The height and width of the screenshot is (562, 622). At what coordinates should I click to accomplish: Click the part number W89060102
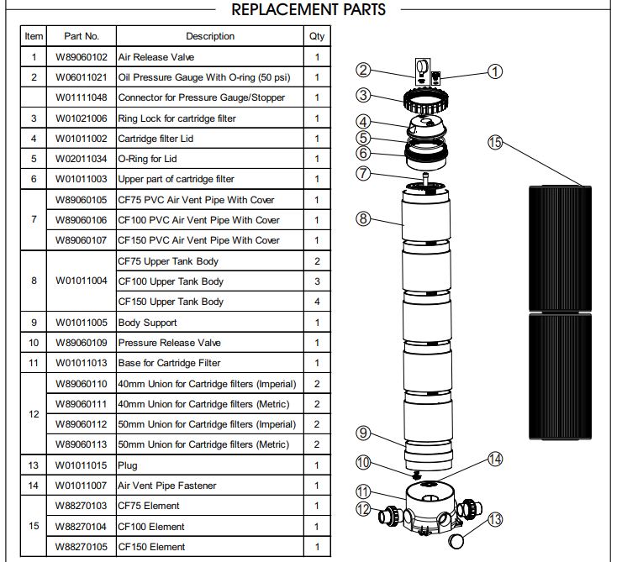pos(82,57)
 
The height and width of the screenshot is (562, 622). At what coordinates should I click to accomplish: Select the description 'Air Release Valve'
pos(155,57)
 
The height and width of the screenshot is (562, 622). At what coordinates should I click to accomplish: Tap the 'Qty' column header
pos(317,36)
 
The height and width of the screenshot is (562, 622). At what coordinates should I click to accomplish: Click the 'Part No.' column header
pos(82,36)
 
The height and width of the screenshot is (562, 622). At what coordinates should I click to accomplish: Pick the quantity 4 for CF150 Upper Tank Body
pos(317,302)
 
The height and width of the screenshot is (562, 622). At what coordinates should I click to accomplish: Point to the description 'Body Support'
pos(148,323)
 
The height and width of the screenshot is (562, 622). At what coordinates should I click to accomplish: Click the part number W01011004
pos(82,281)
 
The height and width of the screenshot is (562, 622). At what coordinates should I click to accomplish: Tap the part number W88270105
pos(82,547)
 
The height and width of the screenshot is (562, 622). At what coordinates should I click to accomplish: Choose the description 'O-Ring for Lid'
pos(147,159)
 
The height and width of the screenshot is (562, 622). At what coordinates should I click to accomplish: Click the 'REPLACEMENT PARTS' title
pos(308,9)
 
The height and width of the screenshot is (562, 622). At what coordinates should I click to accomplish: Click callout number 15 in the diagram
pos(495,142)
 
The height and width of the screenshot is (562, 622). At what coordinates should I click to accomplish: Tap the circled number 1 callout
pos(495,71)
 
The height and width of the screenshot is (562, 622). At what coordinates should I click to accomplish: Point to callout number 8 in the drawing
pos(363,218)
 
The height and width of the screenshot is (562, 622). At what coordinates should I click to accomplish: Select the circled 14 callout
pos(495,460)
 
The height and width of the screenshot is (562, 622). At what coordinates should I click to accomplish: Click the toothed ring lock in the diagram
pos(426,101)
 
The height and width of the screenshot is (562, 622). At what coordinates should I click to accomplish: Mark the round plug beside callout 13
pos(456,541)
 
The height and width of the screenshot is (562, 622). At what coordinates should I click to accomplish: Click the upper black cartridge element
pos(560,249)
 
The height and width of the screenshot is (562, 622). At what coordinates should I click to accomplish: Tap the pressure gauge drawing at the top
pos(423,71)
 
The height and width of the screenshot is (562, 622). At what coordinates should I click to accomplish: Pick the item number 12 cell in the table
pos(34,414)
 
